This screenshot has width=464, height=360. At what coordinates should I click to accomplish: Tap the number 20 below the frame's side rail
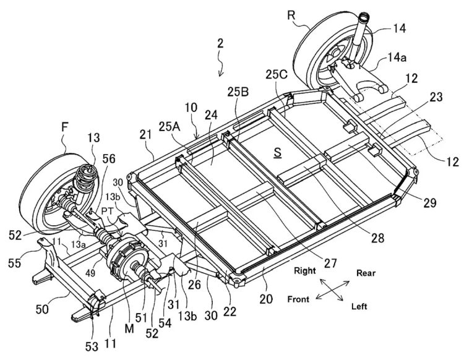(264, 296)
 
